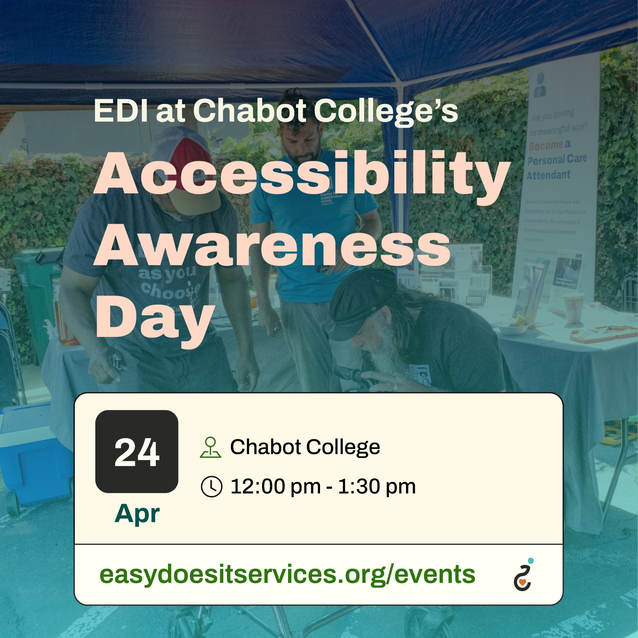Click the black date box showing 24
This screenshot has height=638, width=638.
(x=137, y=451)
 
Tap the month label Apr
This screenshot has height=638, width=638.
(x=137, y=514)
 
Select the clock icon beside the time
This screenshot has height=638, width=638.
(x=212, y=487)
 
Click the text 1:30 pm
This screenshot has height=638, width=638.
(x=377, y=487)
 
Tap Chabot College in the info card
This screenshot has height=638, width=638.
(x=305, y=448)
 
